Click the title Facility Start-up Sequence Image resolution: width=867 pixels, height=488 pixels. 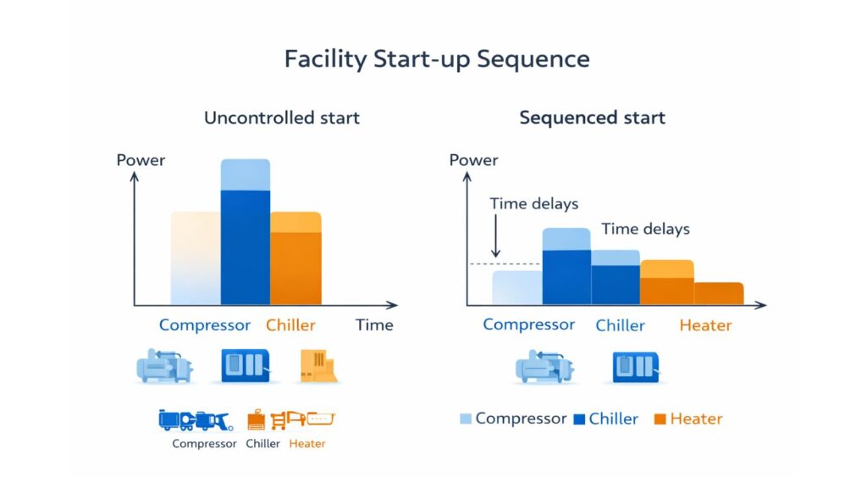tap(436, 59)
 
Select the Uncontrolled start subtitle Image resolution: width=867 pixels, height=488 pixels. tap(282, 118)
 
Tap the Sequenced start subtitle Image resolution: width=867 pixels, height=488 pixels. tap(592, 118)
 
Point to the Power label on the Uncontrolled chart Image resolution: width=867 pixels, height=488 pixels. tap(141, 160)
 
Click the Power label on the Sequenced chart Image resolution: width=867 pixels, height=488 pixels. tap(473, 160)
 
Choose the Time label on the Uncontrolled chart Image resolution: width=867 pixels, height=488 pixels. tap(374, 325)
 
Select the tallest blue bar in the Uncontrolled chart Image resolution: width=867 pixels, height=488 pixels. tap(246, 246)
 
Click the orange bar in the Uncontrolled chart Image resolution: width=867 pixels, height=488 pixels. tap(295, 263)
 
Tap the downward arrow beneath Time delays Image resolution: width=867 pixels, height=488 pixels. tap(496, 237)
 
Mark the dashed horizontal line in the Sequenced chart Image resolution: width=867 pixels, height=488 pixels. tap(479, 264)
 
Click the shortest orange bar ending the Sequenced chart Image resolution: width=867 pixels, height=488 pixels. tap(719, 293)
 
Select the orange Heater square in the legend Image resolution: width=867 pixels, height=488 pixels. tap(660, 419)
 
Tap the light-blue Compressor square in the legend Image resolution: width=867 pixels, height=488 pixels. tap(465, 419)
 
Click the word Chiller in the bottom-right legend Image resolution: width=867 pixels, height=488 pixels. tap(613, 419)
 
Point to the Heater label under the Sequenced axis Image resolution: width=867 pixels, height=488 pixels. tap(705, 325)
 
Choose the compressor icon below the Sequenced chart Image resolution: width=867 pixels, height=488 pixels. tap(544, 367)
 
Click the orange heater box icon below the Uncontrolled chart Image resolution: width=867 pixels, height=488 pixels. tap(318, 366)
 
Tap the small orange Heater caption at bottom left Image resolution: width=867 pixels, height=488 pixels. tap(306, 443)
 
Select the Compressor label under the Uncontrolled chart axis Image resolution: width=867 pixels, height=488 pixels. tap(205, 325)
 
